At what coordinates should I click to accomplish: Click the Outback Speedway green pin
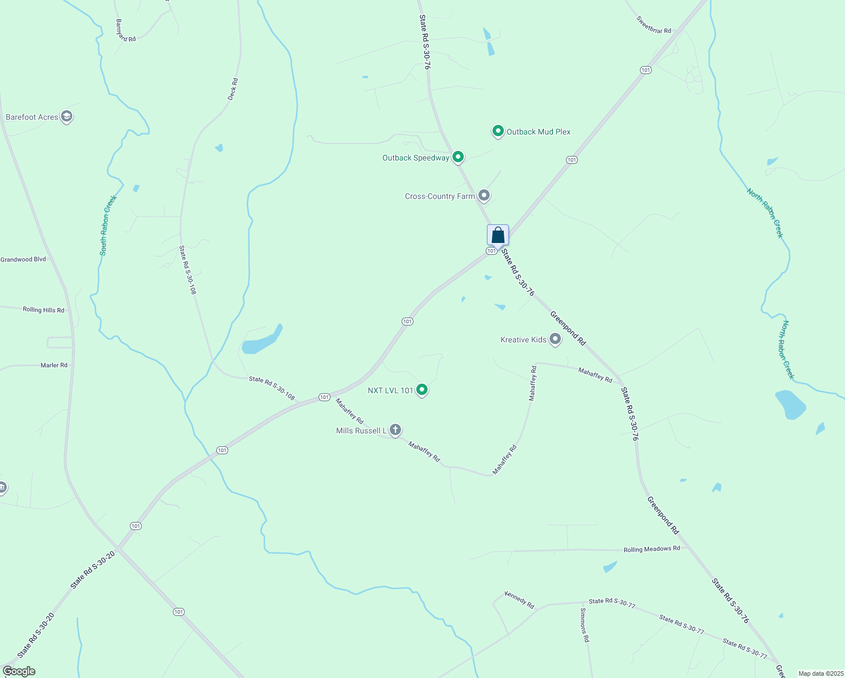pyautogui.click(x=458, y=157)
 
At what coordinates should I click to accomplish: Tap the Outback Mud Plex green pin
pyautogui.click(x=498, y=131)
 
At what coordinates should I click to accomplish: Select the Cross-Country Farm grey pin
pyautogui.click(x=484, y=195)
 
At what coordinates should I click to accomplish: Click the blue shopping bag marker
pyautogui.click(x=498, y=235)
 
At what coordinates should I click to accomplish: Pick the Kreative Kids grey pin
pyautogui.click(x=555, y=339)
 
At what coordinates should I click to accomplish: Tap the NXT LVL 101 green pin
pyautogui.click(x=421, y=389)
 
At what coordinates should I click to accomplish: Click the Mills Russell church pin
pyautogui.click(x=395, y=430)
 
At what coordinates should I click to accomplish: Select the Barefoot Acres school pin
pyautogui.click(x=67, y=117)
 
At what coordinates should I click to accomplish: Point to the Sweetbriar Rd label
pyautogui.click(x=654, y=25)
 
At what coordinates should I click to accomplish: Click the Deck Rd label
pyautogui.click(x=233, y=89)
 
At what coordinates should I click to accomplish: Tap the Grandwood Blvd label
pyautogui.click(x=23, y=259)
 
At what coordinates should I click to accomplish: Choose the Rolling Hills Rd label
pyautogui.click(x=43, y=310)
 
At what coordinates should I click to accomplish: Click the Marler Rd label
pyautogui.click(x=54, y=365)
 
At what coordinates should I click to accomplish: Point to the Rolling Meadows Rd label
pyautogui.click(x=651, y=549)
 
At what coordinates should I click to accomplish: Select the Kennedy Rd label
pyautogui.click(x=519, y=600)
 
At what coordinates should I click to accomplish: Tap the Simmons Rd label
pyautogui.click(x=585, y=625)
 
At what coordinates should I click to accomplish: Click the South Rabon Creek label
pyautogui.click(x=108, y=225)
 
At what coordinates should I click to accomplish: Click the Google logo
pyautogui.click(x=19, y=671)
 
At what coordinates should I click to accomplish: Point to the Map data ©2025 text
pyautogui.click(x=820, y=673)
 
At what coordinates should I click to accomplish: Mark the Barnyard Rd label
pyautogui.click(x=126, y=31)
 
